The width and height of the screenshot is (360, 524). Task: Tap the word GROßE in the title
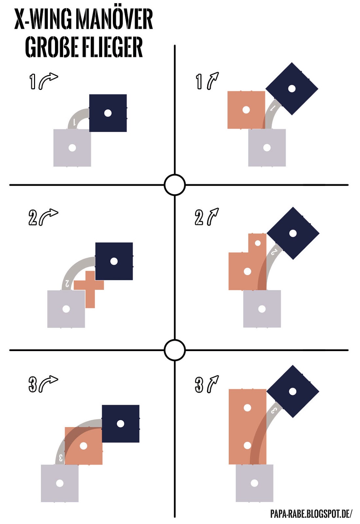click(52, 47)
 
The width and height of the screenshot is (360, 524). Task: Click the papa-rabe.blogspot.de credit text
click(311, 514)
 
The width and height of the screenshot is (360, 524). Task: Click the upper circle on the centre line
click(175, 185)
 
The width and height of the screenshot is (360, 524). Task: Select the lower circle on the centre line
click(175, 350)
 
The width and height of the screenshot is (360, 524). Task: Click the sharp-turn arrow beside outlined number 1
click(48, 81)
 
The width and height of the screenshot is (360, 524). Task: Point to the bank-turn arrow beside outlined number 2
click(213, 216)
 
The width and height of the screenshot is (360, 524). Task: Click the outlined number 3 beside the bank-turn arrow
click(199, 385)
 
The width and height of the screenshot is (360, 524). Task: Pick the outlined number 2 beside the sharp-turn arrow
click(33, 218)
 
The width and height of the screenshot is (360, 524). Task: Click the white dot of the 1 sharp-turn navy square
click(108, 113)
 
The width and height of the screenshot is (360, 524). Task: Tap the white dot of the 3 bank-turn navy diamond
click(293, 391)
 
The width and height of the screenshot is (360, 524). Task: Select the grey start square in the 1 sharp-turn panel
click(72, 148)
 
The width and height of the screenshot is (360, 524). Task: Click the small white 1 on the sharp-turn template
click(74, 122)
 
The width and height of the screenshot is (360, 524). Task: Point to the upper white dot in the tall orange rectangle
click(247, 407)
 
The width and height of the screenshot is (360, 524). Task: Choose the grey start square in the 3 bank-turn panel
click(254, 483)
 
